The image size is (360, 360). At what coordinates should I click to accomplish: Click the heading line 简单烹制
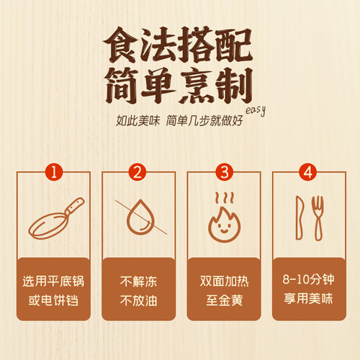coord(180,88)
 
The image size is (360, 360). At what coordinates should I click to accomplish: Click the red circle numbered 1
coord(53,171)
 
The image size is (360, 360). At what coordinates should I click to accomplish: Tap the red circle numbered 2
coord(138,171)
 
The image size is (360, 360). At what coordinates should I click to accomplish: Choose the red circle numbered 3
coord(222,171)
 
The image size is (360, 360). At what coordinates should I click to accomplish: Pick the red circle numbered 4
coord(307,171)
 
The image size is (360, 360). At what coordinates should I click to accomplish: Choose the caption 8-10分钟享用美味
coord(307,288)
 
